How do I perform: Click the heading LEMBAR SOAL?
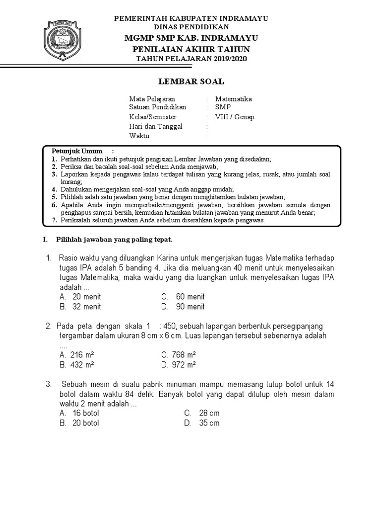(x=190, y=81)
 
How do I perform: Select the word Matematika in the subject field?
(x=233, y=98)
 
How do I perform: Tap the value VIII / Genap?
(x=234, y=117)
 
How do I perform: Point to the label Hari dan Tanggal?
(x=156, y=126)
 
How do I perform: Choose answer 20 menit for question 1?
(x=86, y=297)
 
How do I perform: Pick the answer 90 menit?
(x=190, y=307)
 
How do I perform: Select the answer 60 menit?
(x=190, y=297)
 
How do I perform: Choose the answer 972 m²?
(x=184, y=364)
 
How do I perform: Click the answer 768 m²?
(x=184, y=355)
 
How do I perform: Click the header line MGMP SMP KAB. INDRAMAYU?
(x=190, y=38)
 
